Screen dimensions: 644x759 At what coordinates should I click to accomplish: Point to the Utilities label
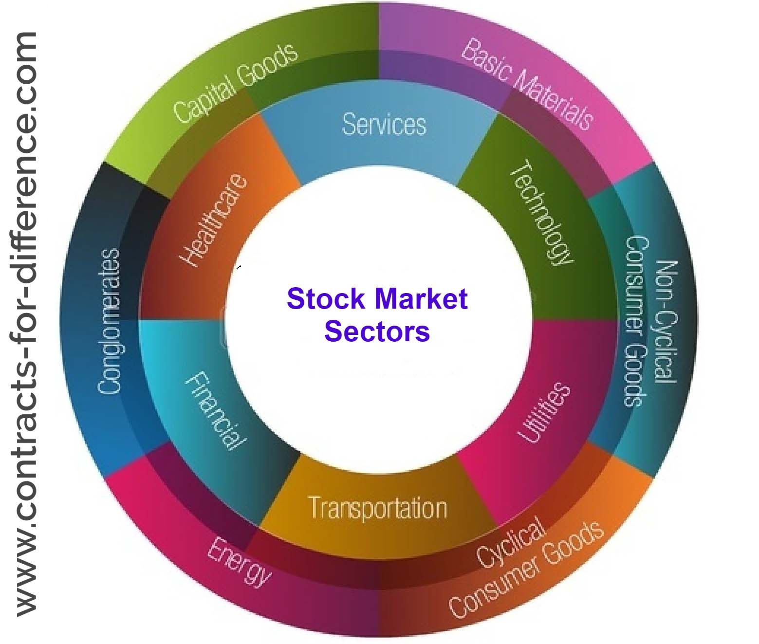pyautogui.click(x=543, y=413)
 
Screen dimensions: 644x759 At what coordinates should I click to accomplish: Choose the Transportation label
pyautogui.click(x=378, y=508)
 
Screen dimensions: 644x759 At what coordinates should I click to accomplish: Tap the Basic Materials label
pyautogui.click(x=527, y=84)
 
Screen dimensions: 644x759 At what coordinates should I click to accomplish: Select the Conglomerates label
pyautogui.click(x=109, y=321)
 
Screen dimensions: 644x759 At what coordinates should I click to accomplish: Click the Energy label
pyautogui.click(x=239, y=562)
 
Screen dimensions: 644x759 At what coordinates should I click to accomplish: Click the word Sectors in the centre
pyautogui.click(x=377, y=331)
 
